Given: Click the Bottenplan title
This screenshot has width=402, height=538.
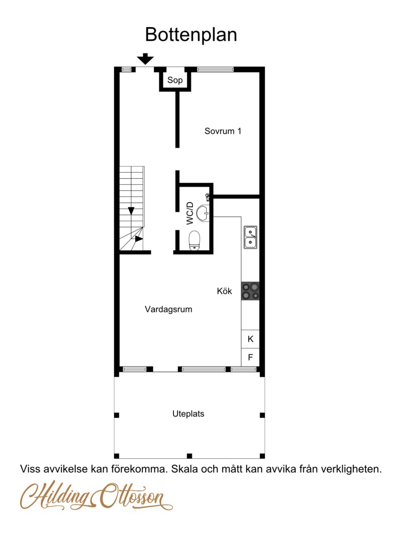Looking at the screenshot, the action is tap(191, 35).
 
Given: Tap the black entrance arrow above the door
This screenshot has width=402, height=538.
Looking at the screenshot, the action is tap(145, 59).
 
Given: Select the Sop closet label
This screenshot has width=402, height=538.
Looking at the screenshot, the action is tap(175, 80).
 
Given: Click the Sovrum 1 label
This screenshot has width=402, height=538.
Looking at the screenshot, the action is tap(223, 131).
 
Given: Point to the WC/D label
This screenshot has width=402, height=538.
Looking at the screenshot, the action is tap(190, 213).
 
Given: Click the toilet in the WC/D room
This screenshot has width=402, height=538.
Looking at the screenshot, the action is tap(194, 240).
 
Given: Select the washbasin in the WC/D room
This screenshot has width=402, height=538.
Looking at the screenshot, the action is tap(203, 213).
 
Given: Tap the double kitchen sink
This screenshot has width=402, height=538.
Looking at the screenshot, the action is tap(250, 237).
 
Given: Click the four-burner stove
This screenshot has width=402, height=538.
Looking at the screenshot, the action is tap(250, 291).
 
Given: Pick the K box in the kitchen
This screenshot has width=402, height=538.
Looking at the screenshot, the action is tap(250, 339).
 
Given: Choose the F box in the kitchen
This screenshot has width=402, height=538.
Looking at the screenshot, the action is tap(250, 357).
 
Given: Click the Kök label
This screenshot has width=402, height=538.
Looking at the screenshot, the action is tap(224, 291).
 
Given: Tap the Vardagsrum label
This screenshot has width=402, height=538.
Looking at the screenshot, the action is tap(168, 310).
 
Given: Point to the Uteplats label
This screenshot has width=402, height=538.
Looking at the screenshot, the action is tap(188, 414).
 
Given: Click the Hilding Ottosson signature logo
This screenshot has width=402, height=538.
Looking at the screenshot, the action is tap(96, 495).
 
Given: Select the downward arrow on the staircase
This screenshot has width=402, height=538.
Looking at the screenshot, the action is tap(131, 211).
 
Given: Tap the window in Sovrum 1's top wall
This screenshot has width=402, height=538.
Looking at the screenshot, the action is tap(216, 69).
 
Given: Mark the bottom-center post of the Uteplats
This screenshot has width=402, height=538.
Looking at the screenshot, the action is tap(189, 456).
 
